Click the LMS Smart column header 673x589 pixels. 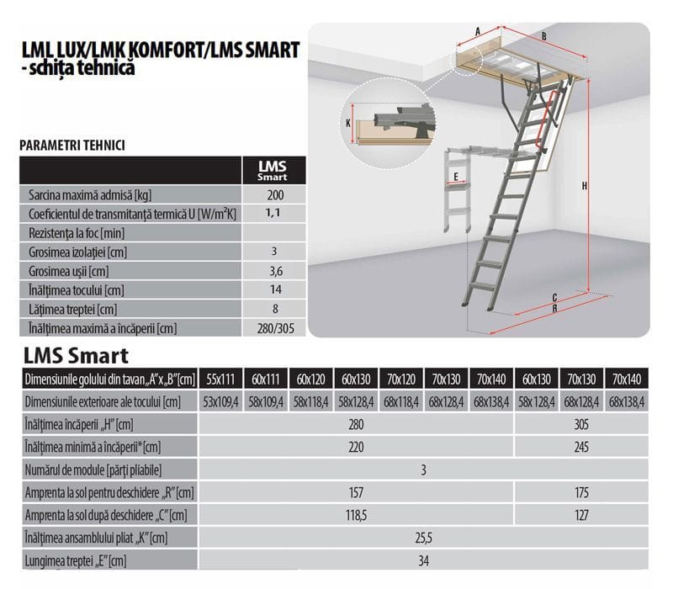click(273, 171)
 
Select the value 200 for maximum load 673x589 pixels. click(275, 195)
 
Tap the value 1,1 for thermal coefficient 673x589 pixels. click(273, 213)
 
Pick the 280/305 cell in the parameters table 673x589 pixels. click(276, 328)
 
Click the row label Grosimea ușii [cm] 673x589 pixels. click(69, 271)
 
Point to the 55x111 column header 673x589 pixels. click(220, 379)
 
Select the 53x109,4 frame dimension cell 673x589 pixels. click(220, 402)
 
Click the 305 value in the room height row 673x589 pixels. click(581, 424)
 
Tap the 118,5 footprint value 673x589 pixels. click(356, 515)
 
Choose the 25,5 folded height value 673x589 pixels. click(423, 538)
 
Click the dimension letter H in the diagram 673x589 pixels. click(584, 186)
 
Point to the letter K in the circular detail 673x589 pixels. click(348, 123)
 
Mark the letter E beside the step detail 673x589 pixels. click(456, 177)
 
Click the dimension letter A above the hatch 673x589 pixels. click(478, 31)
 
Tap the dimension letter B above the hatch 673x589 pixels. click(543, 36)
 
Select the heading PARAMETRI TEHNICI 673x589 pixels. click(72, 146)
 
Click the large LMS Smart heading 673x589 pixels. click(76, 355)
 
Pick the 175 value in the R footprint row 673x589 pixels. click(581, 492)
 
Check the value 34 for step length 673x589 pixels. click(423, 560)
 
